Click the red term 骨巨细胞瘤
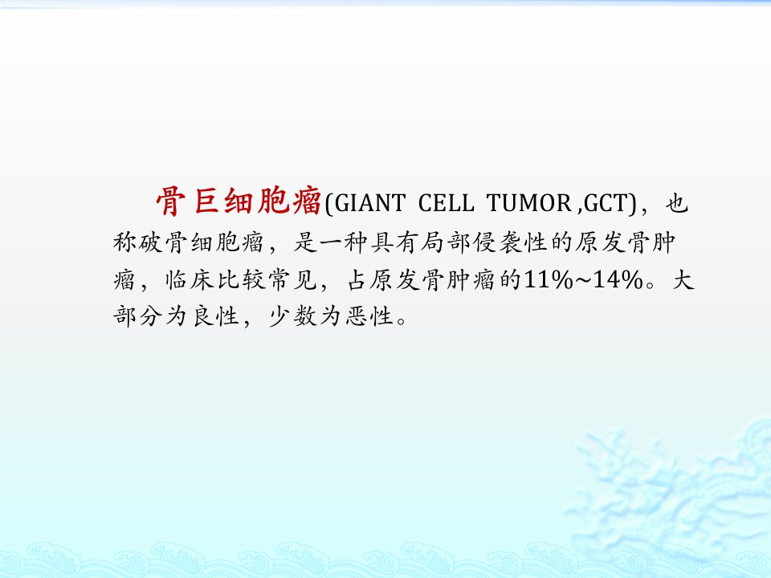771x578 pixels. point(239,201)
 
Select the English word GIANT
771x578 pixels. point(370,203)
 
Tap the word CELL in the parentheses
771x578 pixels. point(446,203)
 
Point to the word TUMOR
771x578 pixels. point(529,203)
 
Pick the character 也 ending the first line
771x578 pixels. point(676,202)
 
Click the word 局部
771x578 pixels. point(446,242)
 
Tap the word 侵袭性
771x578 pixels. point(510,242)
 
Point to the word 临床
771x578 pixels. point(189,280)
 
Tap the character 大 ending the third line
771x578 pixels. point(683,280)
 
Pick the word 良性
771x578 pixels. point(215,316)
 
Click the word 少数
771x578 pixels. point(292,316)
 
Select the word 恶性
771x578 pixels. point(369,316)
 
